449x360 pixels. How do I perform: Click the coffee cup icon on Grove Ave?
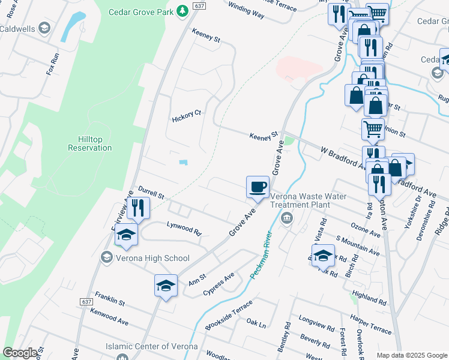[258, 187]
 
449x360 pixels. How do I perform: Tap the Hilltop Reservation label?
[90, 143]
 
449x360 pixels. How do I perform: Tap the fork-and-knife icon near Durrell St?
[139, 208]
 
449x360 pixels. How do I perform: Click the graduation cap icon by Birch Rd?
[323, 255]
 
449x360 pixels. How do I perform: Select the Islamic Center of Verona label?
[151, 346]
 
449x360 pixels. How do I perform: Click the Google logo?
[20, 353]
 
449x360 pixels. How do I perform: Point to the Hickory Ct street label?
[186, 114]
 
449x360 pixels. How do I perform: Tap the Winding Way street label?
[247, 11]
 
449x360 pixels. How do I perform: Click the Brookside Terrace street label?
[229, 316]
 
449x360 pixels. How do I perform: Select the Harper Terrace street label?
[372, 326]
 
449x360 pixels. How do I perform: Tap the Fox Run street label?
[53, 64]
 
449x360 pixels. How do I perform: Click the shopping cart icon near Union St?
[373, 128]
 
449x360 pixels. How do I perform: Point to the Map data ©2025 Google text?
[412, 355]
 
